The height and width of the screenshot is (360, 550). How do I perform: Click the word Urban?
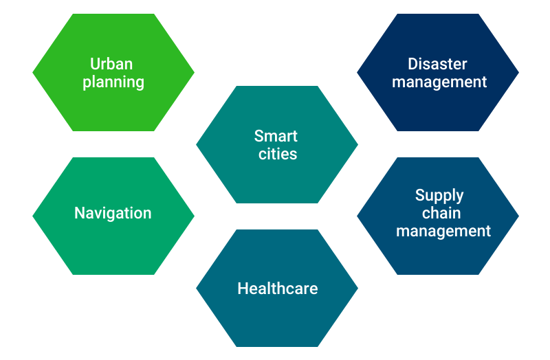click(x=111, y=64)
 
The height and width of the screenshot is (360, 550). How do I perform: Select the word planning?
click(x=113, y=82)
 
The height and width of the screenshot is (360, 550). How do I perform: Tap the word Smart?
click(x=276, y=136)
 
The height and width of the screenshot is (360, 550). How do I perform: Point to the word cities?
click(x=278, y=154)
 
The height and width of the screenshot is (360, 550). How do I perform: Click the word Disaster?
click(x=437, y=64)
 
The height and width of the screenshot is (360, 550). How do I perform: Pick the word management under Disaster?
click(x=439, y=82)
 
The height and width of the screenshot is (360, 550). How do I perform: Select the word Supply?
click(x=439, y=196)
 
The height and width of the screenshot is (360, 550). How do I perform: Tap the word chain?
click(x=441, y=213)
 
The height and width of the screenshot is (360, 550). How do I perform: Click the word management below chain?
click(x=443, y=232)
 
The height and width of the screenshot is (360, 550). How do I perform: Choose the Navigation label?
click(x=113, y=214)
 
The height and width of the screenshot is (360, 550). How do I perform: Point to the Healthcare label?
click(x=278, y=289)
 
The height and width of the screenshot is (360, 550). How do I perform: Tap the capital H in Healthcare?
click(x=243, y=289)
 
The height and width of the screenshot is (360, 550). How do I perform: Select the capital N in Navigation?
click(x=80, y=213)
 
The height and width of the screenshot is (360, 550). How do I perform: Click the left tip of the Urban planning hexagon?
click(x=32, y=73)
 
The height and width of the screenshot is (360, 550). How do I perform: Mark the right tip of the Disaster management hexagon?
click(x=519, y=73)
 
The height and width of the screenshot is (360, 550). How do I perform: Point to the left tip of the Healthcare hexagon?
click(x=196, y=289)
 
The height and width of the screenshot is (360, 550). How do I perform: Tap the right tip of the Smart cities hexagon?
click(x=357, y=144)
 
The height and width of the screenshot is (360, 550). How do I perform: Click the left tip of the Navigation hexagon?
click(x=32, y=216)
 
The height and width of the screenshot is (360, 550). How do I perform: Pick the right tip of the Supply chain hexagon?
click(x=519, y=216)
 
